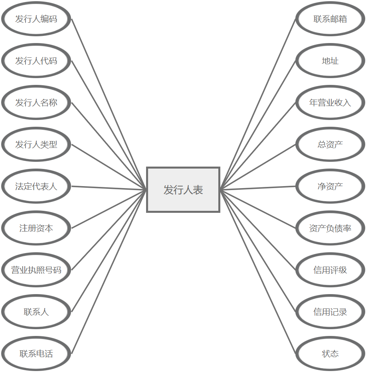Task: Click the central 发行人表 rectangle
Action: tap(183, 190)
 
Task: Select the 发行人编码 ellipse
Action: tap(36, 19)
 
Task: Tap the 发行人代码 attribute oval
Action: tap(36, 61)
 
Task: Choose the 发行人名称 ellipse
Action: tap(36, 102)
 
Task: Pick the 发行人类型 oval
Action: tap(36, 144)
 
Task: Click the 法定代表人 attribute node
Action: tap(36, 186)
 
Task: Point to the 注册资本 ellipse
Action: tap(36, 228)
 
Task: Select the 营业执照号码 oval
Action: tap(36, 270)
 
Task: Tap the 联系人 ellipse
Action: tap(36, 312)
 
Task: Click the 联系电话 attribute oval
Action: tap(36, 353)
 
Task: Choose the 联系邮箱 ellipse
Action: tap(330, 19)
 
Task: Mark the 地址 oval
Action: tap(330, 61)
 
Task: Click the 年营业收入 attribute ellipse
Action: tap(330, 102)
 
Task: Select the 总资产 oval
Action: tap(330, 144)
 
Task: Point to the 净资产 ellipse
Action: tap(330, 186)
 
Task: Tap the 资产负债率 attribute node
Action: tap(330, 228)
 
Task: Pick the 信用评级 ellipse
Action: tap(330, 270)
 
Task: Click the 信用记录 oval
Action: tap(330, 312)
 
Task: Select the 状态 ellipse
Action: tap(330, 353)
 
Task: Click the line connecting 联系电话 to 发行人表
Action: tap(109, 272)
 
